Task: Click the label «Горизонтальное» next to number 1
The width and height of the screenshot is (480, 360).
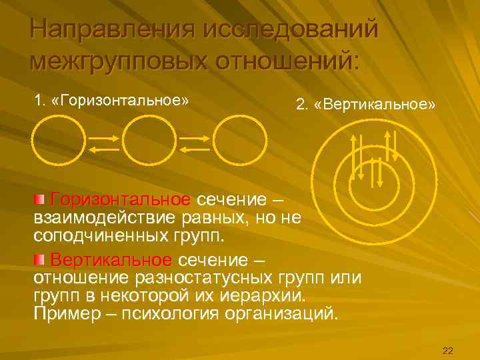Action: (x=124, y=101)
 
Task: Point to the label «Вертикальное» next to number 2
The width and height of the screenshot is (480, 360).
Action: (x=377, y=105)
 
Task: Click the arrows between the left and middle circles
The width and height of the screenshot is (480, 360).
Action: (x=105, y=144)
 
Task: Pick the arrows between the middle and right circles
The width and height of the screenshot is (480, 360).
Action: (x=194, y=144)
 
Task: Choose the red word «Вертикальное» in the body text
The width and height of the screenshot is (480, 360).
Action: (x=111, y=259)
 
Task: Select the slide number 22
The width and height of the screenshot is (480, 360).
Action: (x=447, y=351)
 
